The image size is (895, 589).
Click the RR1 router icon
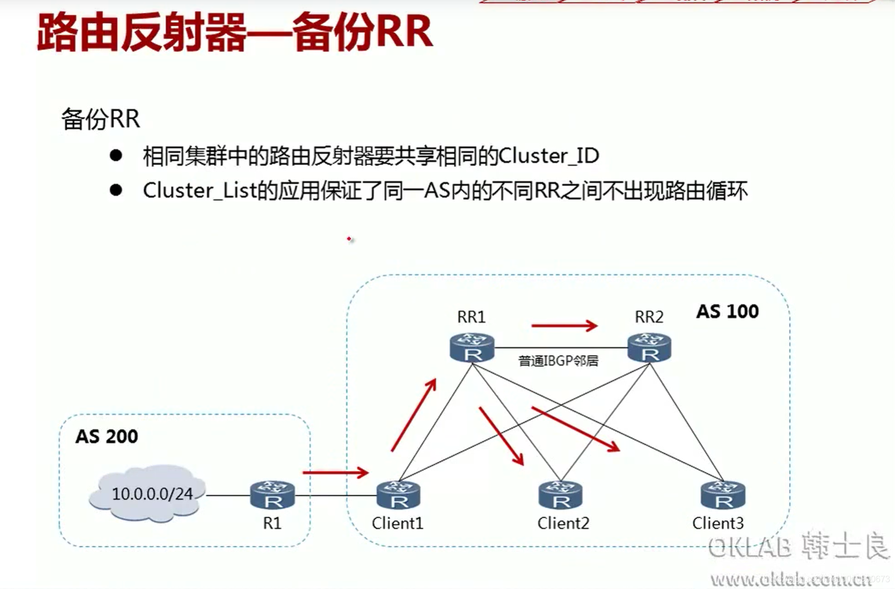click(x=472, y=347)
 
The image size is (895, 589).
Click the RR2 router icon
click(x=649, y=347)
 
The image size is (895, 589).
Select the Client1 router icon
click(x=398, y=495)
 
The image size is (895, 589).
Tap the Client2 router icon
click(x=560, y=495)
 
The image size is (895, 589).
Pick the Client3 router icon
click(x=723, y=495)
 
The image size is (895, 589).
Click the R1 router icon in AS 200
click(x=272, y=495)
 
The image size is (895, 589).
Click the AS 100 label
click(x=727, y=311)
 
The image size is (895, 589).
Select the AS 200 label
click(x=107, y=436)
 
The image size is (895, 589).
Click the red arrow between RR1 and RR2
click(x=564, y=325)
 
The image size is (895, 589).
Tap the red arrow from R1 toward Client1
click(x=335, y=472)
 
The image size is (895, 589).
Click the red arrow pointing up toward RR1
click(x=413, y=415)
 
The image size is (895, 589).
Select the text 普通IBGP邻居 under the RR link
click(x=558, y=361)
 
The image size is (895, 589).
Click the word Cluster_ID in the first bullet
click(x=548, y=156)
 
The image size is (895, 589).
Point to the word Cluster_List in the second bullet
click(x=200, y=190)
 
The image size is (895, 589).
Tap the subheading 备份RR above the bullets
click(x=101, y=119)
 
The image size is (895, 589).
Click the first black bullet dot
click(x=116, y=155)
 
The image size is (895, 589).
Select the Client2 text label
click(x=563, y=523)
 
